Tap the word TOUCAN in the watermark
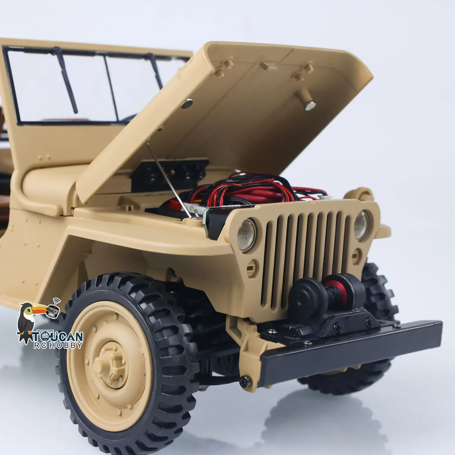[x=58, y=337]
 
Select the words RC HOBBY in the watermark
[x=58, y=345]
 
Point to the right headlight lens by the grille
[x=361, y=225]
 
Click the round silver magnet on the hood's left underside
[x=187, y=103]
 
